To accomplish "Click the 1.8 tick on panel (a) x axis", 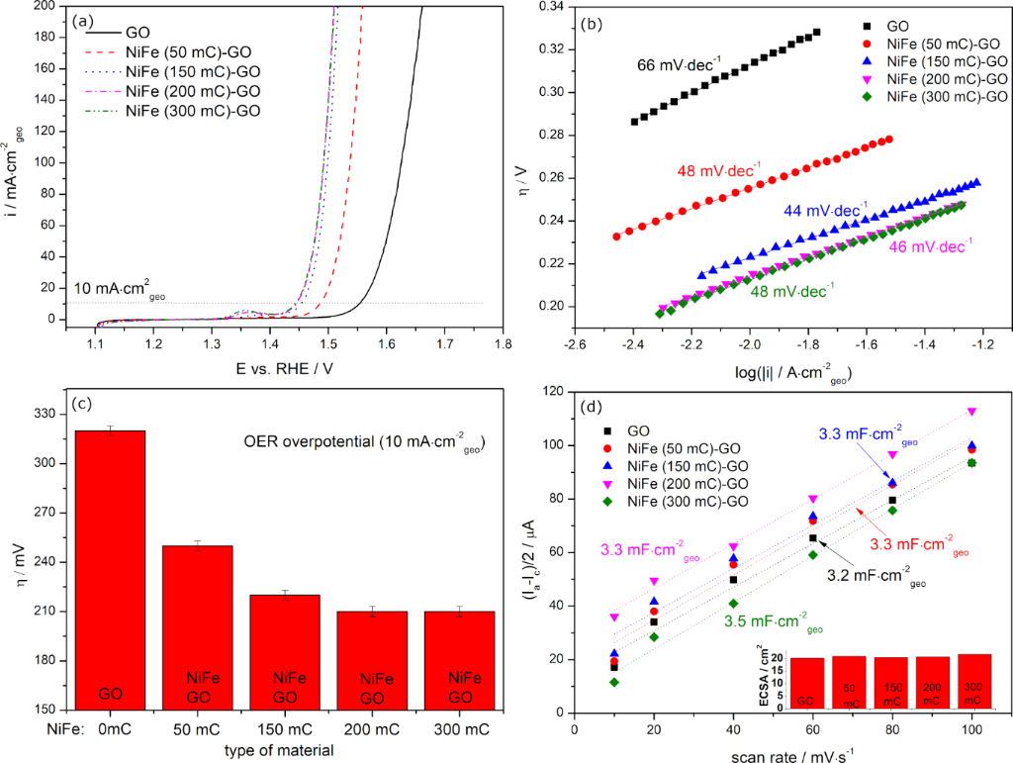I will tap(504, 347).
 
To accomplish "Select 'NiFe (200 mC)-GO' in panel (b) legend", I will tap(947, 78).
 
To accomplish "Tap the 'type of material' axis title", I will tap(290, 750).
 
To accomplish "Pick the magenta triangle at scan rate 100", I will tap(971, 411).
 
